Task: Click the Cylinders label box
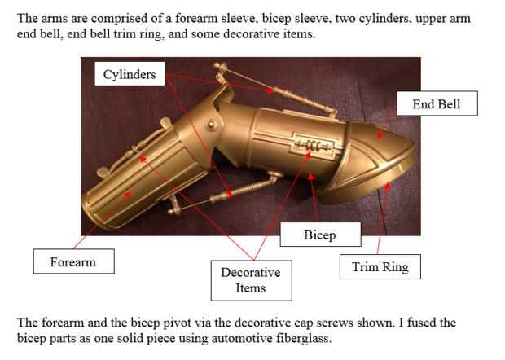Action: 130,74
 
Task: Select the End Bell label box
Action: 437,103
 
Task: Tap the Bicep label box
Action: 320,235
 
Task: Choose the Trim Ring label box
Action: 380,266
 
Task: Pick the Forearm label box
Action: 74,261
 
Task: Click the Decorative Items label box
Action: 251,280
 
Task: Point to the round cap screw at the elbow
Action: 211,125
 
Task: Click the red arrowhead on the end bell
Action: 380,135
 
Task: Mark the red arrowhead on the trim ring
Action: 388,186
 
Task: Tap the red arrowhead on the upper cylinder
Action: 270,90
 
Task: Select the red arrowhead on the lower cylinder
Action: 230,193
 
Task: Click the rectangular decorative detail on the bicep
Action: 314,145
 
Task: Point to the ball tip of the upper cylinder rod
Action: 218,66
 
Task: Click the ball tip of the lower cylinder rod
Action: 171,212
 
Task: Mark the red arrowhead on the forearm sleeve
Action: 128,195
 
